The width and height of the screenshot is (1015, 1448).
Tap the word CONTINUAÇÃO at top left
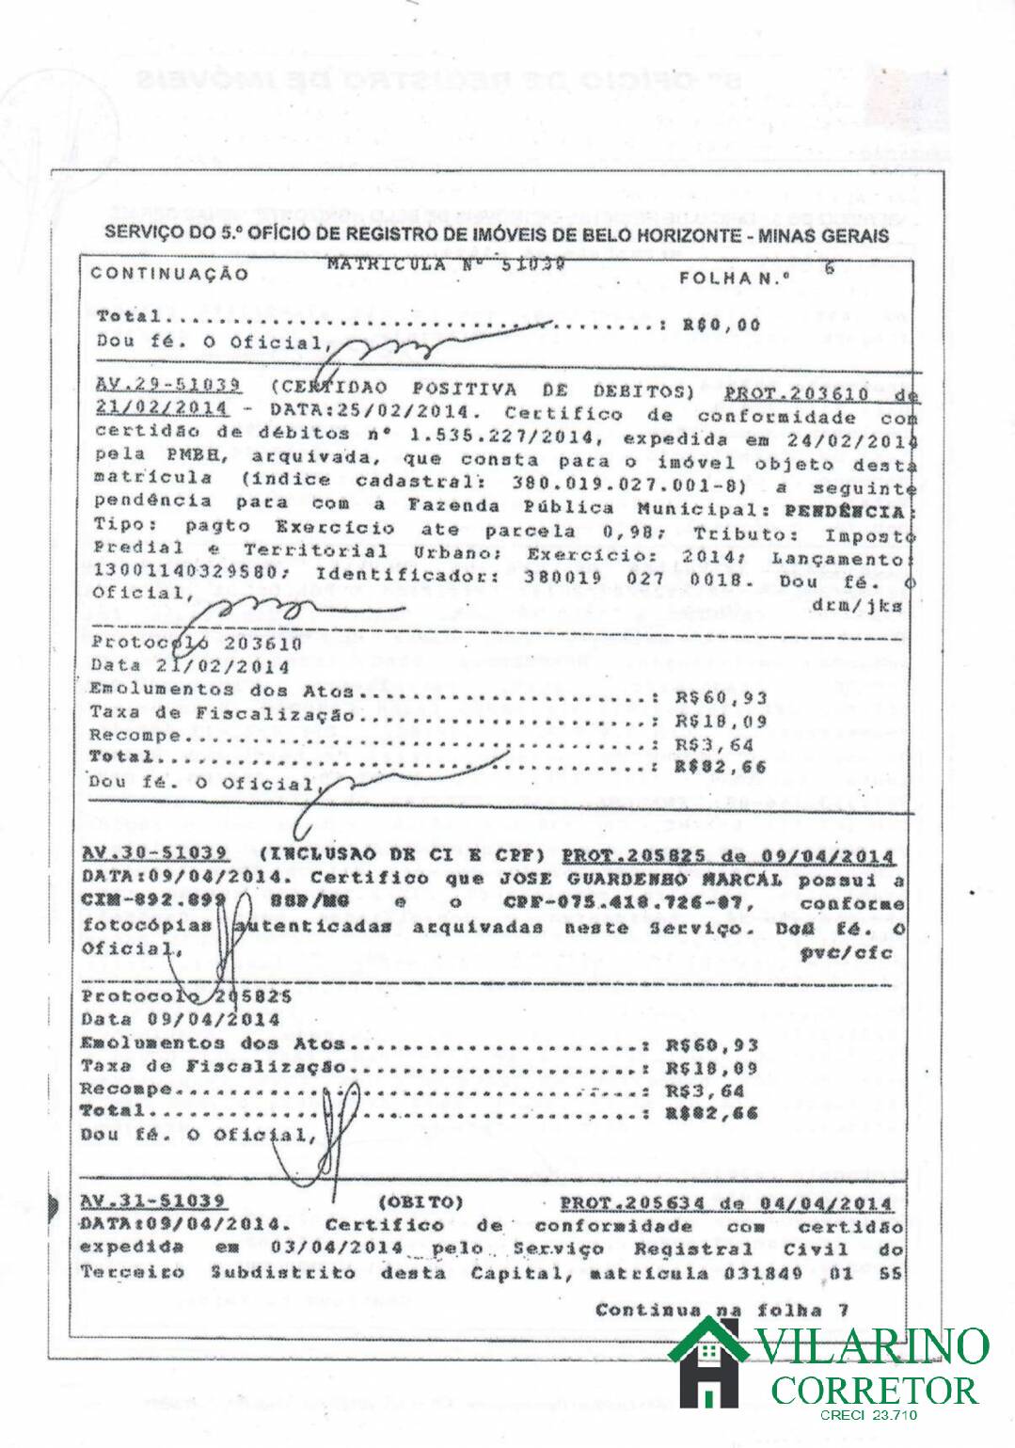170,275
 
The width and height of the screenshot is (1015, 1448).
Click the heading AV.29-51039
169,386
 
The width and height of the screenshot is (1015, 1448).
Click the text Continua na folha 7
722,1310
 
